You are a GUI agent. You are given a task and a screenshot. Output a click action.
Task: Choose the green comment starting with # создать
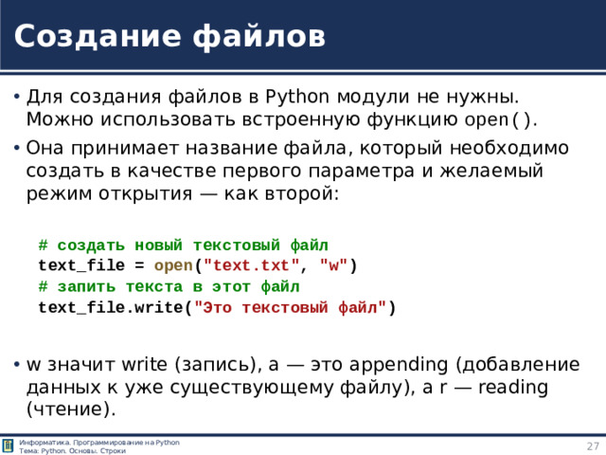pos(183,245)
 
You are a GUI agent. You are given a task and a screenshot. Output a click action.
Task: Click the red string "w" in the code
pos(334,265)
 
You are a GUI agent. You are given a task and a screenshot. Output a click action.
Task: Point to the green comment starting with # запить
pos(169,286)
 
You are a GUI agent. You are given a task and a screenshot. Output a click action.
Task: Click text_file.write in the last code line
pos(111,307)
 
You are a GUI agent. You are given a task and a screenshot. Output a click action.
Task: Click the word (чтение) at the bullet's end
pos(72,409)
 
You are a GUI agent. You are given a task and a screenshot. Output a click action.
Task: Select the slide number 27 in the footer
pos(592,446)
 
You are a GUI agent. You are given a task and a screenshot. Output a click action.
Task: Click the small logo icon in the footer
pos(9,446)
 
